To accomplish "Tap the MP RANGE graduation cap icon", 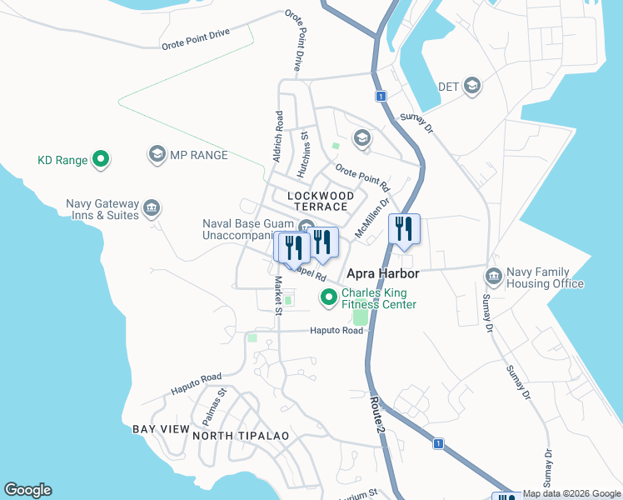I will tap(156, 154).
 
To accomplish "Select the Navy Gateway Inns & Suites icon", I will tap(152, 207).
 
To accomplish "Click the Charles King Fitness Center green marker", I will tap(328, 297).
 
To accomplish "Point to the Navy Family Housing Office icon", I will tap(492, 276).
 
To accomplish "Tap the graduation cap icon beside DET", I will tap(472, 86).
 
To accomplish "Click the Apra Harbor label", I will tap(382, 273).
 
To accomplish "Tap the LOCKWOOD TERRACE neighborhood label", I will tap(316, 200).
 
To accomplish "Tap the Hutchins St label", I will tap(305, 147).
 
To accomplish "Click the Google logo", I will tap(27, 490).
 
